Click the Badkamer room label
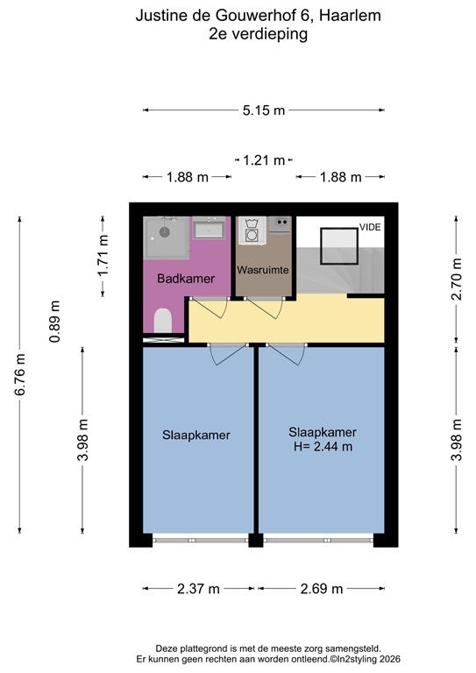[186, 278]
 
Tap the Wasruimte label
[263, 270]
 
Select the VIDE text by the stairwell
[370, 227]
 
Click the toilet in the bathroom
[163, 320]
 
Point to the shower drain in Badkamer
[165, 232]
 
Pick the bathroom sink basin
[208, 228]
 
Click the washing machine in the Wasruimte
[252, 231]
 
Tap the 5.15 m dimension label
[264, 110]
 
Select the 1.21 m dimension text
[264, 160]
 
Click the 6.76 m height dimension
[20, 374]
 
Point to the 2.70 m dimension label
[456, 279]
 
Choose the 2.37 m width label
[198, 589]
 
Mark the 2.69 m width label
[322, 589]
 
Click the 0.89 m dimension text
[55, 322]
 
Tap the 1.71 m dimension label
[103, 256]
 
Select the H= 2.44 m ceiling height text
[323, 446]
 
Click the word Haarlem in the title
[351, 16]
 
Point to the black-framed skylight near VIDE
[339, 246]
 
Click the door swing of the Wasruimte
[265, 308]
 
